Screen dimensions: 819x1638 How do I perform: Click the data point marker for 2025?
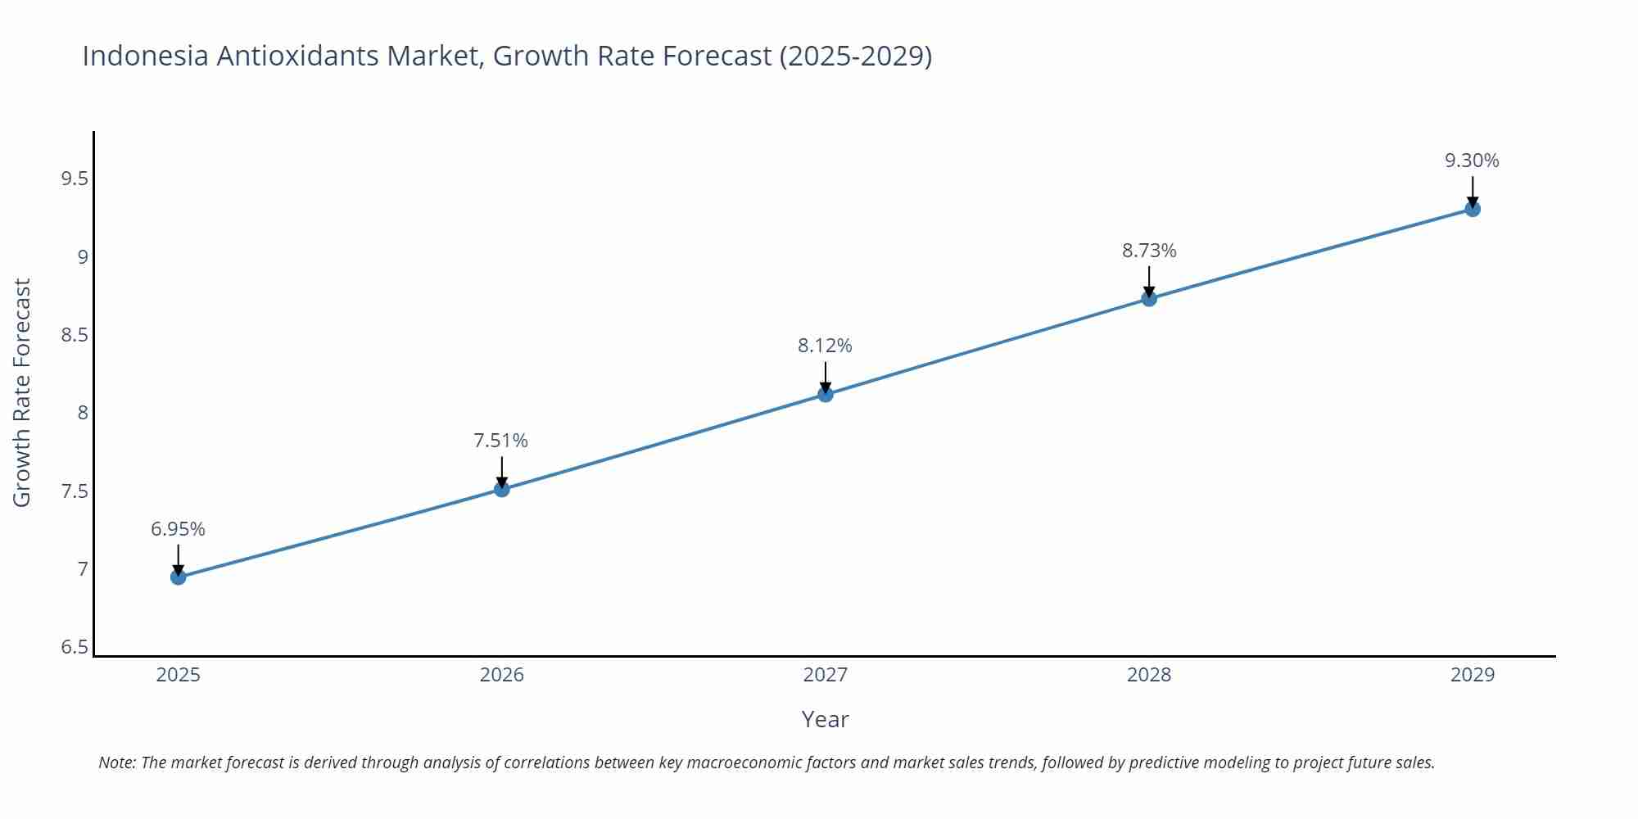[x=178, y=577]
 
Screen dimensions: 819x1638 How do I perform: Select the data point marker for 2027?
[x=825, y=395]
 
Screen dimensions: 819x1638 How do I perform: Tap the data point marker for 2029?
[x=1472, y=209]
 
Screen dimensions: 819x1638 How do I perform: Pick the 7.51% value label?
[x=500, y=441]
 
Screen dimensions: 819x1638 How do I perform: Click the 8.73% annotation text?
[x=1148, y=251]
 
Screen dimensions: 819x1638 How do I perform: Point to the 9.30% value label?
[x=1471, y=161]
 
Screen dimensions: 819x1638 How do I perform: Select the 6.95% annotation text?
[x=178, y=529]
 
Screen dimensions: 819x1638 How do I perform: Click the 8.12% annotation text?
[x=825, y=346]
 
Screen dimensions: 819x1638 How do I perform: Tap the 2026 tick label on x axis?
[x=501, y=675]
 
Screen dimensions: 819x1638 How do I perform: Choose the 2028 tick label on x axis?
[x=1148, y=675]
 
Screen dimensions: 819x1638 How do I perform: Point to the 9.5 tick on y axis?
[x=75, y=179]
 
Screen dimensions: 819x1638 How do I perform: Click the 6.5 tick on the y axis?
[x=75, y=647]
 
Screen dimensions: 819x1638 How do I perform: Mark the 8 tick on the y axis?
[x=82, y=413]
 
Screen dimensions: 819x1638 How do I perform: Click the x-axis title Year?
[x=825, y=719]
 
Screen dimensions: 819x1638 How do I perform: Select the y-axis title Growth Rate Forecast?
[x=22, y=392]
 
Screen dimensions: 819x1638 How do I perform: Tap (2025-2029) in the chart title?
[x=855, y=56]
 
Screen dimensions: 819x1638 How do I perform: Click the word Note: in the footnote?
[x=117, y=762]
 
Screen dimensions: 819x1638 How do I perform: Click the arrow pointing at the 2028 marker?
[x=1148, y=281]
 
